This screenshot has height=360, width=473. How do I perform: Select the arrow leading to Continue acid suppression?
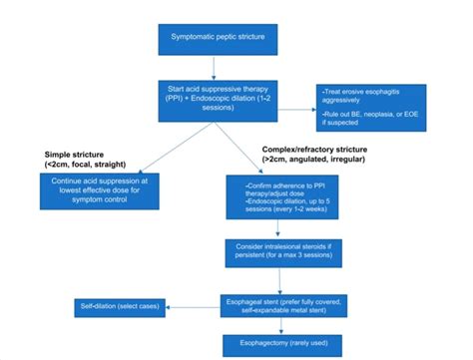(155, 145)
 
